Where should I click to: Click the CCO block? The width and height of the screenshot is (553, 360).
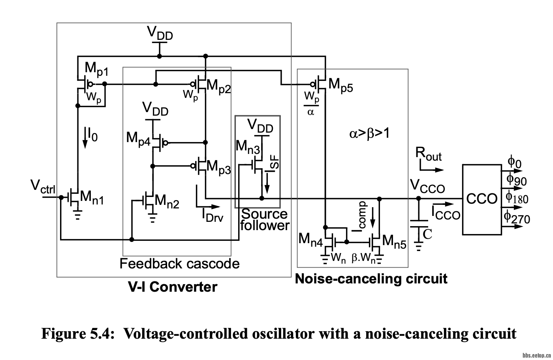pyautogui.click(x=482, y=199)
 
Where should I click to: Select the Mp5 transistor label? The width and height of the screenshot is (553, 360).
pyautogui.click(x=340, y=85)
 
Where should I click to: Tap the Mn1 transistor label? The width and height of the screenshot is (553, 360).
pyautogui.click(x=92, y=197)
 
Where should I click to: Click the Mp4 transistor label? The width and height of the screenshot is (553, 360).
pyautogui.click(x=138, y=139)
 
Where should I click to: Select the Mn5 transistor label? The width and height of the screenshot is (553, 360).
pyautogui.click(x=394, y=242)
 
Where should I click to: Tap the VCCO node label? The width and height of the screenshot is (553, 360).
pyautogui.click(x=427, y=186)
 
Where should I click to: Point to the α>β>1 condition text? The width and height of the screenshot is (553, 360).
pyautogui.click(x=369, y=134)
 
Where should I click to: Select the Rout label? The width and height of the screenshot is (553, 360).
pyautogui.click(x=429, y=154)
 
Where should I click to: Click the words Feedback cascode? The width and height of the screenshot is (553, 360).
pyautogui.click(x=179, y=264)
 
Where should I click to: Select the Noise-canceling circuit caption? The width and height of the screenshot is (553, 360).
pyautogui.click(x=371, y=279)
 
